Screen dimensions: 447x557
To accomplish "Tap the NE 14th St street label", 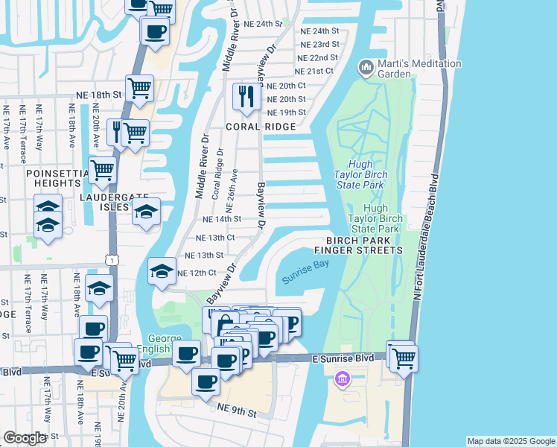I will click(x=222, y=219).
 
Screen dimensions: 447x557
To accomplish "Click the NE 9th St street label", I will click(x=237, y=410).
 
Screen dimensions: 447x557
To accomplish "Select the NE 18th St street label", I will click(x=98, y=95).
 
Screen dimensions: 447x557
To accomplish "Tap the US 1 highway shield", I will click(x=110, y=260).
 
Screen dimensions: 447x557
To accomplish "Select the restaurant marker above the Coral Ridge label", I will click(x=244, y=95).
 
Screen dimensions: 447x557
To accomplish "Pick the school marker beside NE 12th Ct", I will click(x=162, y=272).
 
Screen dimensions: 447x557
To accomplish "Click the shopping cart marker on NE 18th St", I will click(x=139, y=89).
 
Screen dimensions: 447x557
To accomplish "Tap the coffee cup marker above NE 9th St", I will click(x=205, y=381).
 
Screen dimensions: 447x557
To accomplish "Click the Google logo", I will click(x=25, y=438).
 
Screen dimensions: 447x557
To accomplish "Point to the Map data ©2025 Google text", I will click(x=511, y=441).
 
